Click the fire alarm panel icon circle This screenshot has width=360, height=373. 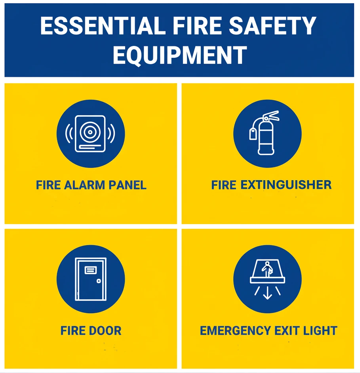(x=91, y=134)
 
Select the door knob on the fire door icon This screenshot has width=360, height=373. (x=99, y=281)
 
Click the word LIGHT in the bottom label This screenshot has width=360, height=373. (x=319, y=331)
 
